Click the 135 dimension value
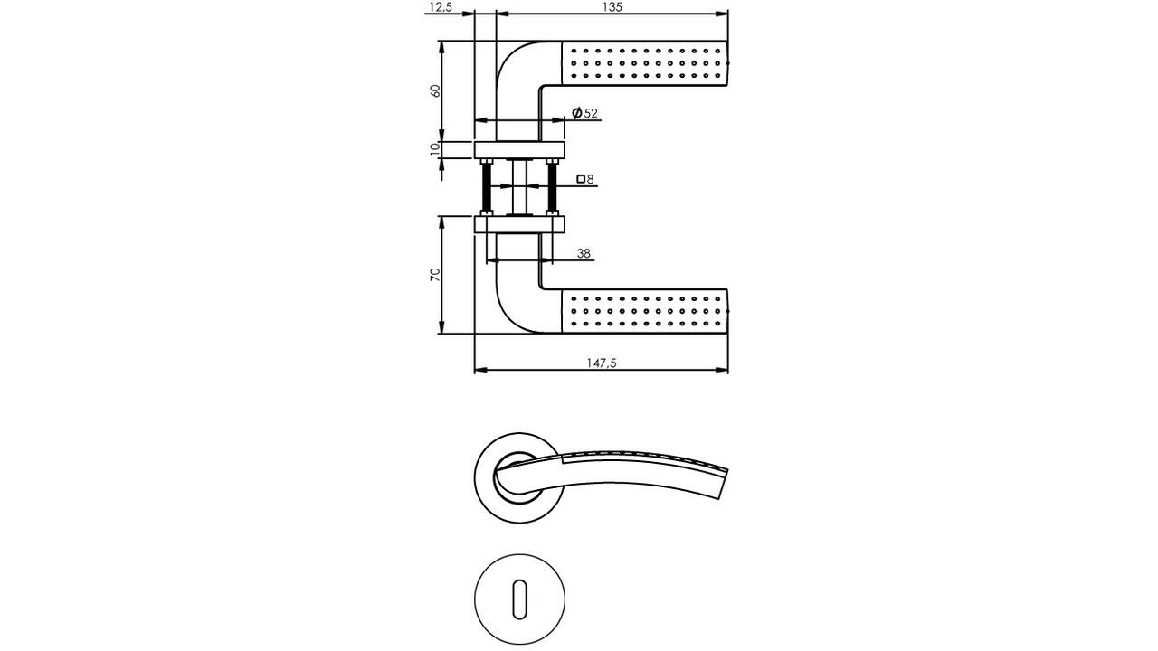coord(612,7)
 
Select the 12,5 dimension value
coord(440,7)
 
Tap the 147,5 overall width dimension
coord(602,363)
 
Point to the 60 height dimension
coord(435,91)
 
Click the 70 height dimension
coord(435,274)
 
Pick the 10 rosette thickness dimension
coord(435,149)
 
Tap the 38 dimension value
coord(584,254)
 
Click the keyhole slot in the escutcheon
coord(519,599)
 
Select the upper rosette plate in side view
coord(519,149)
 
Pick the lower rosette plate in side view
coord(519,224)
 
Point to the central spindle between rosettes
coord(519,187)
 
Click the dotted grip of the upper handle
coord(645,63)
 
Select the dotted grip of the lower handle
coord(645,311)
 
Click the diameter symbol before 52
coord(576,113)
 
